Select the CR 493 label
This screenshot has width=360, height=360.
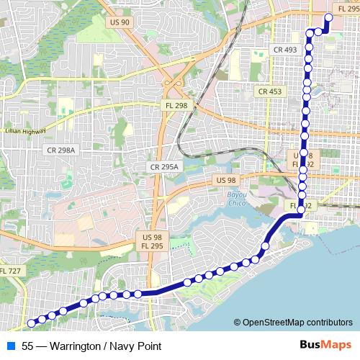(285, 50)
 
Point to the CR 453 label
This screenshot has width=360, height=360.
(270, 91)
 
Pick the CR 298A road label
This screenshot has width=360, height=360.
(60, 150)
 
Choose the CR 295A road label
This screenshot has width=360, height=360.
(165, 166)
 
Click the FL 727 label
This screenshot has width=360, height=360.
(11, 271)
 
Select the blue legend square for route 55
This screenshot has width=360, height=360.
(10, 346)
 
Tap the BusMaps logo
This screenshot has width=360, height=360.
(325, 346)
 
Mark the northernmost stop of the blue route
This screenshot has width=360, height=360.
(329, 17)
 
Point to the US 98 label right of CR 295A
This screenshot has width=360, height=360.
(225, 180)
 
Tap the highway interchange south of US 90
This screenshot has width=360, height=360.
(173, 81)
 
